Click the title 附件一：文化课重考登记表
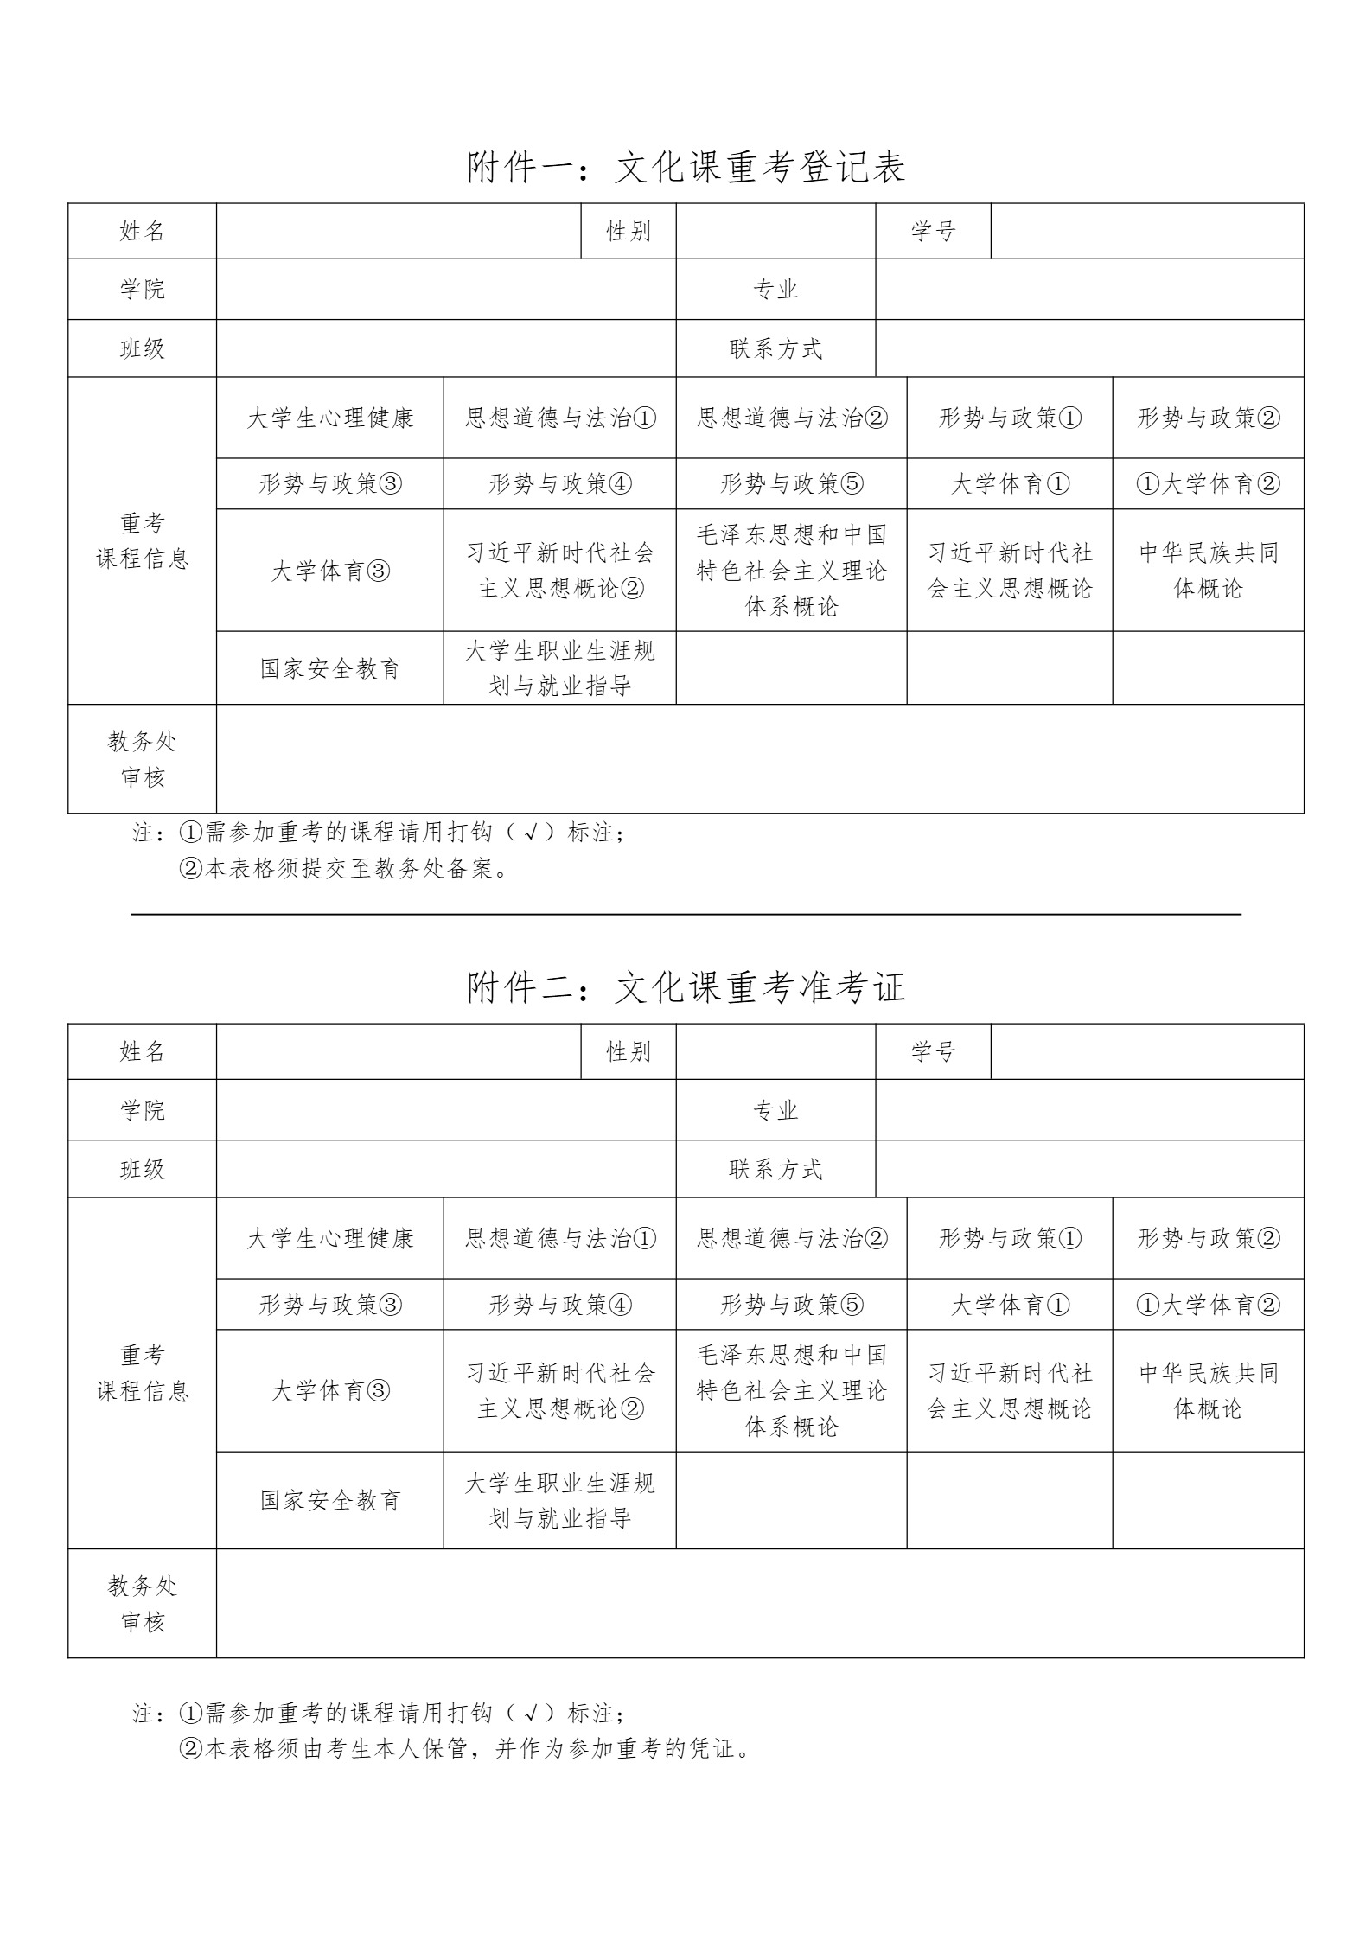pyautogui.click(x=686, y=167)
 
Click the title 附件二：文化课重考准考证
pyautogui.click(x=686, y=987)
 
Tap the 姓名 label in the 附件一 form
pyautogui.click(x=143, y=231)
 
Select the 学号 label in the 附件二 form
pyautogui.click(x=933, y=1051)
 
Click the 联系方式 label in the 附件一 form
pyautogui.click(x=775, y=348)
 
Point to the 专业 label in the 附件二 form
pyautogui.click(x=775, y=1110)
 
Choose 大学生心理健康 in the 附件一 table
pyautogui.click(x=330, y=418)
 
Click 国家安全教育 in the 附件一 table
pyautogui.click(x=330, y=668)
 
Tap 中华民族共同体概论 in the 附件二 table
pyautogui.click(x=1208, y=1390)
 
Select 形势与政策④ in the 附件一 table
pyautogui.click(x=560, y=483)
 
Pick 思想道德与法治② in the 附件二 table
pyautogui.click(x=792, y=1238)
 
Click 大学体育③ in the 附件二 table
pyautogui.click(x=330, y=1390)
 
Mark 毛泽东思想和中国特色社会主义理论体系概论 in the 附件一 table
pyautogui.click(x=792, y=571)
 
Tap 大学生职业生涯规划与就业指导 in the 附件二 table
pyautogui.click(x=560, y=1500)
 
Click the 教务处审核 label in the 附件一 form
pyautogui.click(x=143, y=759)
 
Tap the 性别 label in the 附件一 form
pyautogui.click(x=629, y=231)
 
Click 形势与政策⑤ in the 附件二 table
pyautogui.click(x=792, y=1304)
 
